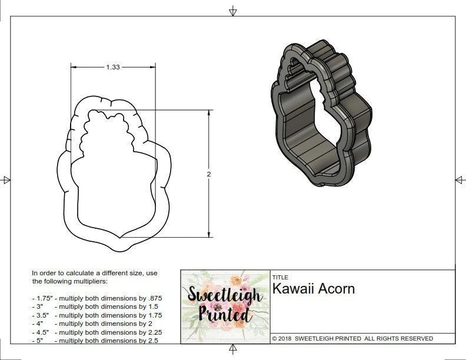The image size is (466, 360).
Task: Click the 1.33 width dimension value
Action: pyautogui.click(x=113, y=68)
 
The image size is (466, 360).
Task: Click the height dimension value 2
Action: pyautogui.click(x=209, y=175)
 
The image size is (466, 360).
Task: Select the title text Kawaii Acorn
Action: pyautogui.click(x=313, y=289)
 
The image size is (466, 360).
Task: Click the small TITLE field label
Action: pyautogui.click(x=279, y=277)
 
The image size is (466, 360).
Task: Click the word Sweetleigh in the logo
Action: pyautogui.click(x=224, y=295)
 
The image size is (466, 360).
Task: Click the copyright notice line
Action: pyautogui.click(x=352, y=338)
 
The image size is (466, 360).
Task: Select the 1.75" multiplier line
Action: pyautogui.click(x=97, y=298)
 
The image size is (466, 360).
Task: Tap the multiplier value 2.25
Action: pyautogui.click(x=150, y=332)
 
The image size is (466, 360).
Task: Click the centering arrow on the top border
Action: pyautogui.click(x=233, y=11)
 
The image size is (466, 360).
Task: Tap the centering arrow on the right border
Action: pyautogui.click(x=460, y=180)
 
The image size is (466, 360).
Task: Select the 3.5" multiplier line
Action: pyautogui.click(x=97, y=315)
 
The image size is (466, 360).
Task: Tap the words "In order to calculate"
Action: pyautogui.click(x=65, y=273)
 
